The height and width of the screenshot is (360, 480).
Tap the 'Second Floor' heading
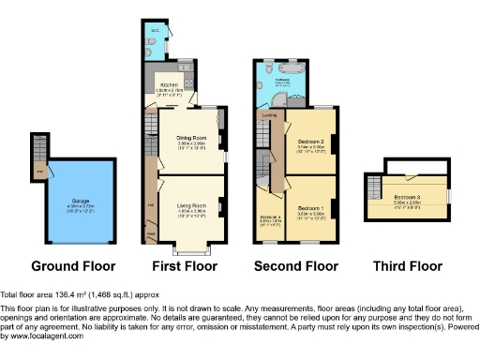coord(295,265)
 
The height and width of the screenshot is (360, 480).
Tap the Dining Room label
coord(191,140)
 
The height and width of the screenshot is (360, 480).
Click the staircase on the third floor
coord(374,187)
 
